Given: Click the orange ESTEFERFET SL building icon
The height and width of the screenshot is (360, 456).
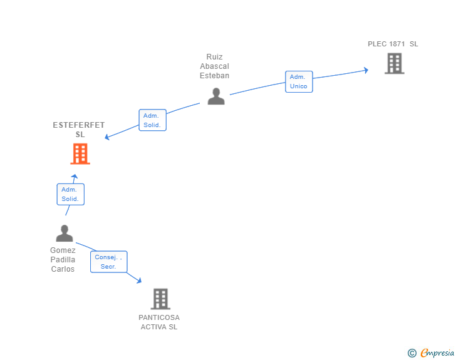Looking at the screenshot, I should pyautogui.click(x=80, y=153).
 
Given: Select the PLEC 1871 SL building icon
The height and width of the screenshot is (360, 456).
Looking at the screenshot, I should pyautogui.click(x=394, y=63).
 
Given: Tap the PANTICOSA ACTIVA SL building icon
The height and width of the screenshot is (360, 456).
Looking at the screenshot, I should pyautogui.click(x=160, y=299).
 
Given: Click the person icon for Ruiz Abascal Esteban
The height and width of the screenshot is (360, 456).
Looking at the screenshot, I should pyautogui.click(x=216, y=96).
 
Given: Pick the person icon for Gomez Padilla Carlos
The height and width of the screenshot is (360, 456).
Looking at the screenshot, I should pyautogui.click(x=65, y=234).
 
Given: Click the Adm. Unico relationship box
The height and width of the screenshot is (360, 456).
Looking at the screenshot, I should pyautogui.click(x=299, y=81).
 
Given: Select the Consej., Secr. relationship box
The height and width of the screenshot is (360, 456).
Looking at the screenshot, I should pyautogui.click(x=108, y=262).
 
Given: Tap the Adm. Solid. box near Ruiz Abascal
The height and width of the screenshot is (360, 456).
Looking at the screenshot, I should pyautogui.click(x=152, y=120).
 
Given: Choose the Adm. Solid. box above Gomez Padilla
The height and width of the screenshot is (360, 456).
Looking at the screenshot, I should pyautogui.click(x=70, y=194).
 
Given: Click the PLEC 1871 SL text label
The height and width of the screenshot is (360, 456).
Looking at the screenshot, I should pyautogui.click(x=393, y=44).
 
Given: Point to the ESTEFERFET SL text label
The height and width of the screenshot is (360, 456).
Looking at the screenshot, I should pyautogui.click(x=79, y=130).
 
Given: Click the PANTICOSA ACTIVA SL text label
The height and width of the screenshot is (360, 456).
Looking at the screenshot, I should pyautogui.click(x=159, y=322).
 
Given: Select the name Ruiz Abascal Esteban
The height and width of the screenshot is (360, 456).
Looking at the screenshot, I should pyautogui.click(x=215, y=66).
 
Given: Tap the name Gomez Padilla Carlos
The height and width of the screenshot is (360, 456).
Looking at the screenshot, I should pyautogui.click(x=63, y=259).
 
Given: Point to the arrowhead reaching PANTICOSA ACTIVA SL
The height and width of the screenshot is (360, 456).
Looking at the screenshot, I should pyautogui.click(x=138, y=281).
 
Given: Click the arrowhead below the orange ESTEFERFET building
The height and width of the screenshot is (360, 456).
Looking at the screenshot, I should pyautogui.click(x=75, y=178).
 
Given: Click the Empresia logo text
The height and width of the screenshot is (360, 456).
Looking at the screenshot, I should pyautogui.click(x=437, y=353).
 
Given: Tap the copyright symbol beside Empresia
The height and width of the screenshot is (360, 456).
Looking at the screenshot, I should pyautogui.click(x=412, y=353).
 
